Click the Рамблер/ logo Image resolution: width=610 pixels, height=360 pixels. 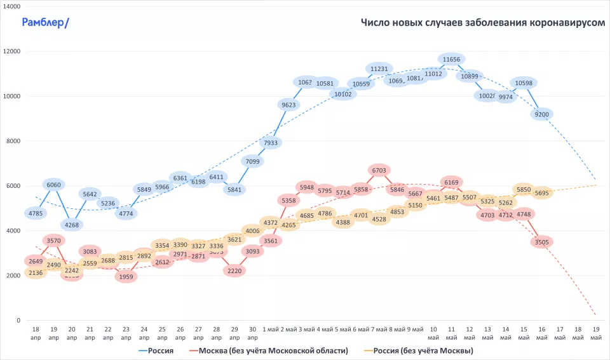(45, 23)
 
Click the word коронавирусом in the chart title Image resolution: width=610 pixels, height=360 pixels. (566, 23)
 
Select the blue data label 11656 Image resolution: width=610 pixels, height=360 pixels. (451, 59)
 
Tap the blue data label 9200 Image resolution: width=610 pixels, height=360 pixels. (542, 114)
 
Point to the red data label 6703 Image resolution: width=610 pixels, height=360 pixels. (379, 170)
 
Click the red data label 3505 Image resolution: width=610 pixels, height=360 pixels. (542, 241)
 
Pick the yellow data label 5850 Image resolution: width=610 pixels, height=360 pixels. (524, 190)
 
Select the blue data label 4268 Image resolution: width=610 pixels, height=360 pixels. (72, 224)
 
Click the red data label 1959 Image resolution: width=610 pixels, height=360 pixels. (126, 276)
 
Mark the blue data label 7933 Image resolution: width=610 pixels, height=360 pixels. (270, 143)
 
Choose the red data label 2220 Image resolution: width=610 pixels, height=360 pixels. (234, 270)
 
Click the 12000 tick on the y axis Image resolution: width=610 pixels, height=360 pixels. (11, 51)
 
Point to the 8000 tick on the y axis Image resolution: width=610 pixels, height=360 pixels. (13, 141)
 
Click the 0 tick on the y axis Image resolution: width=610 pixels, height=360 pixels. (18, 321)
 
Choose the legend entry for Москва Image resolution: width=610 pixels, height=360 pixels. (269, 350)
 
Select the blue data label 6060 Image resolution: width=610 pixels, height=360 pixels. (54, 185)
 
